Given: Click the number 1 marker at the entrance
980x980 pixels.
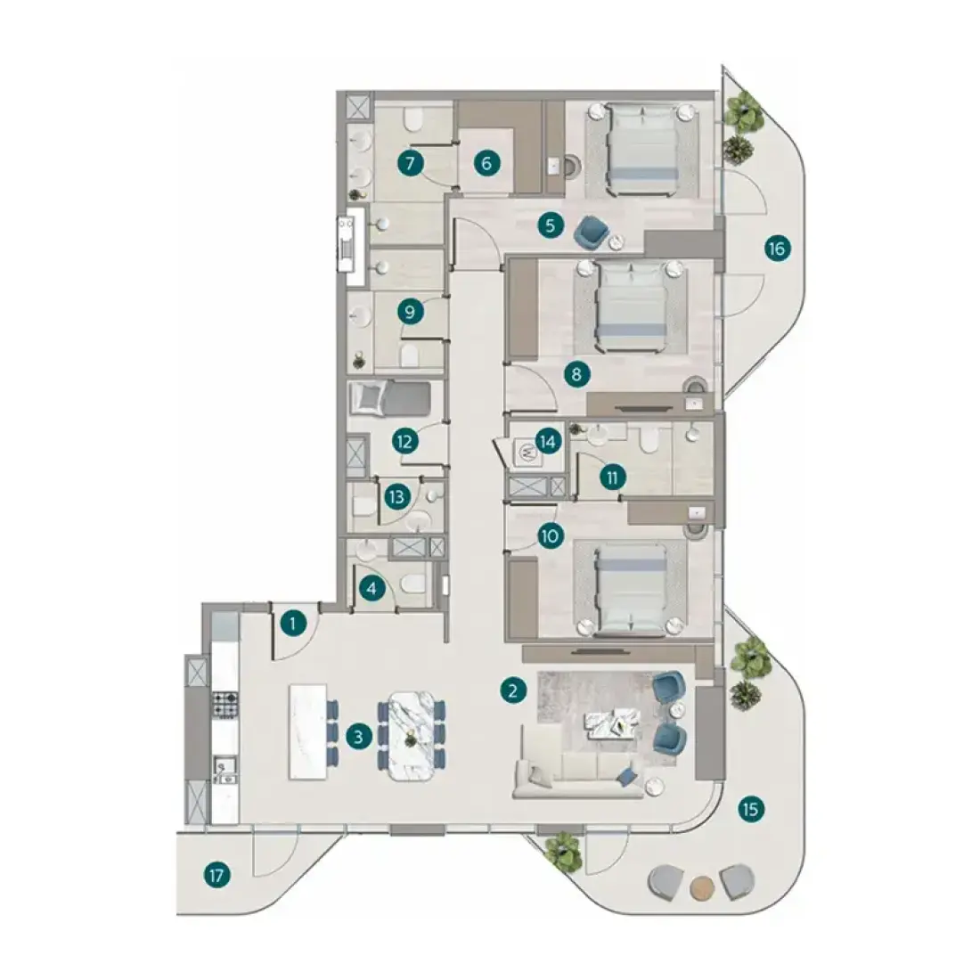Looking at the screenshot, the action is pyautogui.click(x=293, y=623).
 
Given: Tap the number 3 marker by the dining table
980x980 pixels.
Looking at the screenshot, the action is pyautogui.click(x=358, y=737).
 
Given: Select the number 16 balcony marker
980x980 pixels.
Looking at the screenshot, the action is pyautogui.click(x=777, y=249).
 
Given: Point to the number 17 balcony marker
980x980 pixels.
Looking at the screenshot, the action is pyautogui.click(x=216, y=876).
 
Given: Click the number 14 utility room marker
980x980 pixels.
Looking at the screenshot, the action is pyautogui.click(x=548, y=442).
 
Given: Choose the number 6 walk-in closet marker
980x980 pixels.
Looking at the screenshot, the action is pyautogui.click(x=486, y=164).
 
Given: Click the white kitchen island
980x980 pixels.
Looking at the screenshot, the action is pyautogui.click(x=308, y=731).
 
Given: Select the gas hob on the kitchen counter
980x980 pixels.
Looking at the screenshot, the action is pyautogui.click(x=225, y=704).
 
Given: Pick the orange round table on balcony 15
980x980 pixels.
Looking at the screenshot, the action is pyautogui.click(x=702, y=886).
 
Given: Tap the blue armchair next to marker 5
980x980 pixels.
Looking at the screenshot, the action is pyautogui.click(x=591, y=232).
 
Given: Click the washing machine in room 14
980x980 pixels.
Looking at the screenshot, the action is pyautogui.click(x=526, y=453).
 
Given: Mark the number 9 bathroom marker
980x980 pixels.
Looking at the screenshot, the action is pyautogui.click(x=411, y=311).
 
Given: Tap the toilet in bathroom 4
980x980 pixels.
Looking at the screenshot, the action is pyautogui.click(x=413, y=585).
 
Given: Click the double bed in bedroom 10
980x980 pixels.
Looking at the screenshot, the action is pyautogui.click(x=632, y=589).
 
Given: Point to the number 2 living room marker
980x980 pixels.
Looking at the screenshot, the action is pyautogui.click(x=513, y=690).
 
